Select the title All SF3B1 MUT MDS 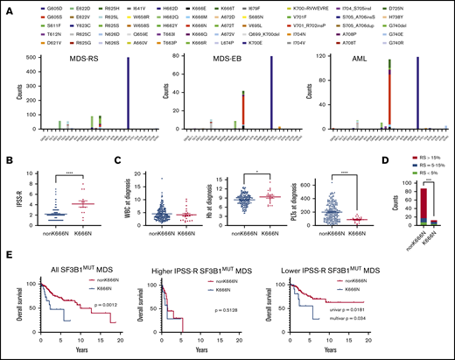coord(84,265)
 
